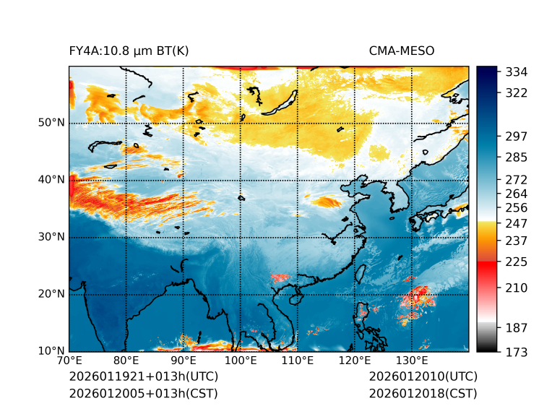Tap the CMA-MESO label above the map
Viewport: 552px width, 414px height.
[x=402, y=51]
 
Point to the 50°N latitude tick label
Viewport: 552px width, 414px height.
[x=51, y=123]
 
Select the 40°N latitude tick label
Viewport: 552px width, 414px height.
[x=51, y=180]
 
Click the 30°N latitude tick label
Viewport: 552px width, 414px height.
[x=51, y=237]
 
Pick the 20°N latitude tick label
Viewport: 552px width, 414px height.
[x=51, y=294]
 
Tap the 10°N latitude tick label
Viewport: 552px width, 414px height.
[x=51, y=351]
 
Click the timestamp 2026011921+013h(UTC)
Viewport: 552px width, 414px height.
[x=143, y=377]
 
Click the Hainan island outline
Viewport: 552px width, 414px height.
[x=294, y=298]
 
